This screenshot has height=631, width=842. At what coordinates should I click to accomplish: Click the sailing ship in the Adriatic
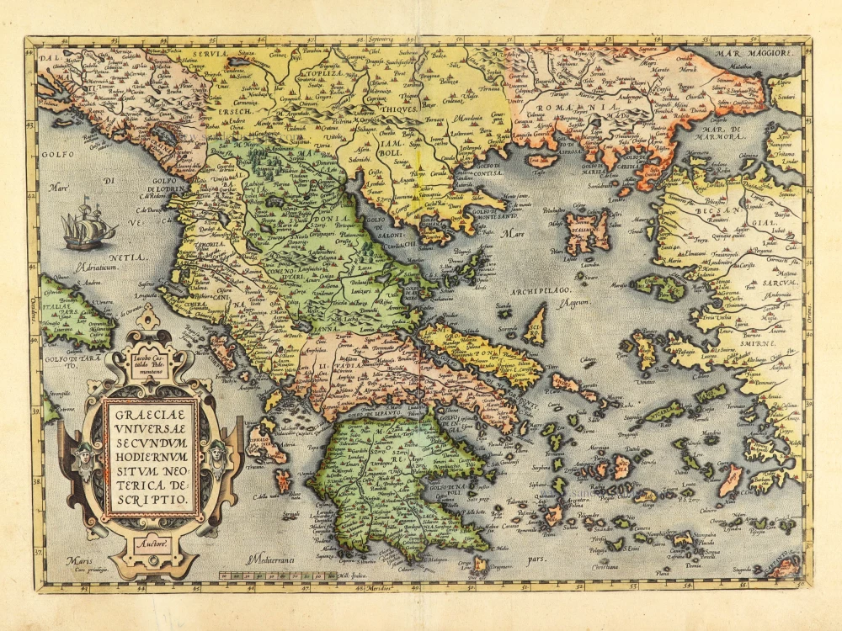(88, 226)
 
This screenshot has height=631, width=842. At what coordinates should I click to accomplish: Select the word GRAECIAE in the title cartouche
(151, 413)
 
